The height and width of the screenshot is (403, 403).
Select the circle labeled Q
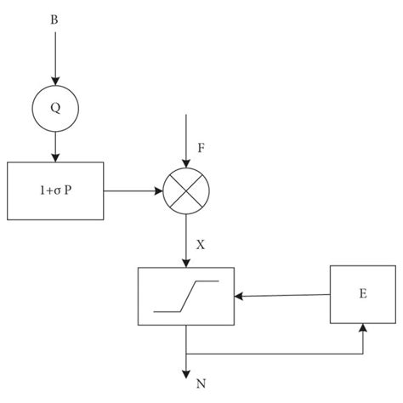click(x=54, y=109)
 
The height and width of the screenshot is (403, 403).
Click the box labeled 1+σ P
click(x=54, y=190)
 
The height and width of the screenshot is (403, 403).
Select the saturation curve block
click(x=186, y=296)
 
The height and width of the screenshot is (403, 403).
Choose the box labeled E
click(x=362, y=293)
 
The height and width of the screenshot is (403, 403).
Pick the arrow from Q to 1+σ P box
click(x=54, y=147)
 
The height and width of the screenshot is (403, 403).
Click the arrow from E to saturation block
click(x=281, y=296)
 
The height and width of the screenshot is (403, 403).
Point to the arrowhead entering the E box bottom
click(x=363, y=328)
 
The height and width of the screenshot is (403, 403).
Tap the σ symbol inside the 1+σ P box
click(x=54, y=190)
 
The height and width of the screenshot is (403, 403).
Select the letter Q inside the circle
click(x=54, y=109)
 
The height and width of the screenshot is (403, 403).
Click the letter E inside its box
click(x=362, y=293)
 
